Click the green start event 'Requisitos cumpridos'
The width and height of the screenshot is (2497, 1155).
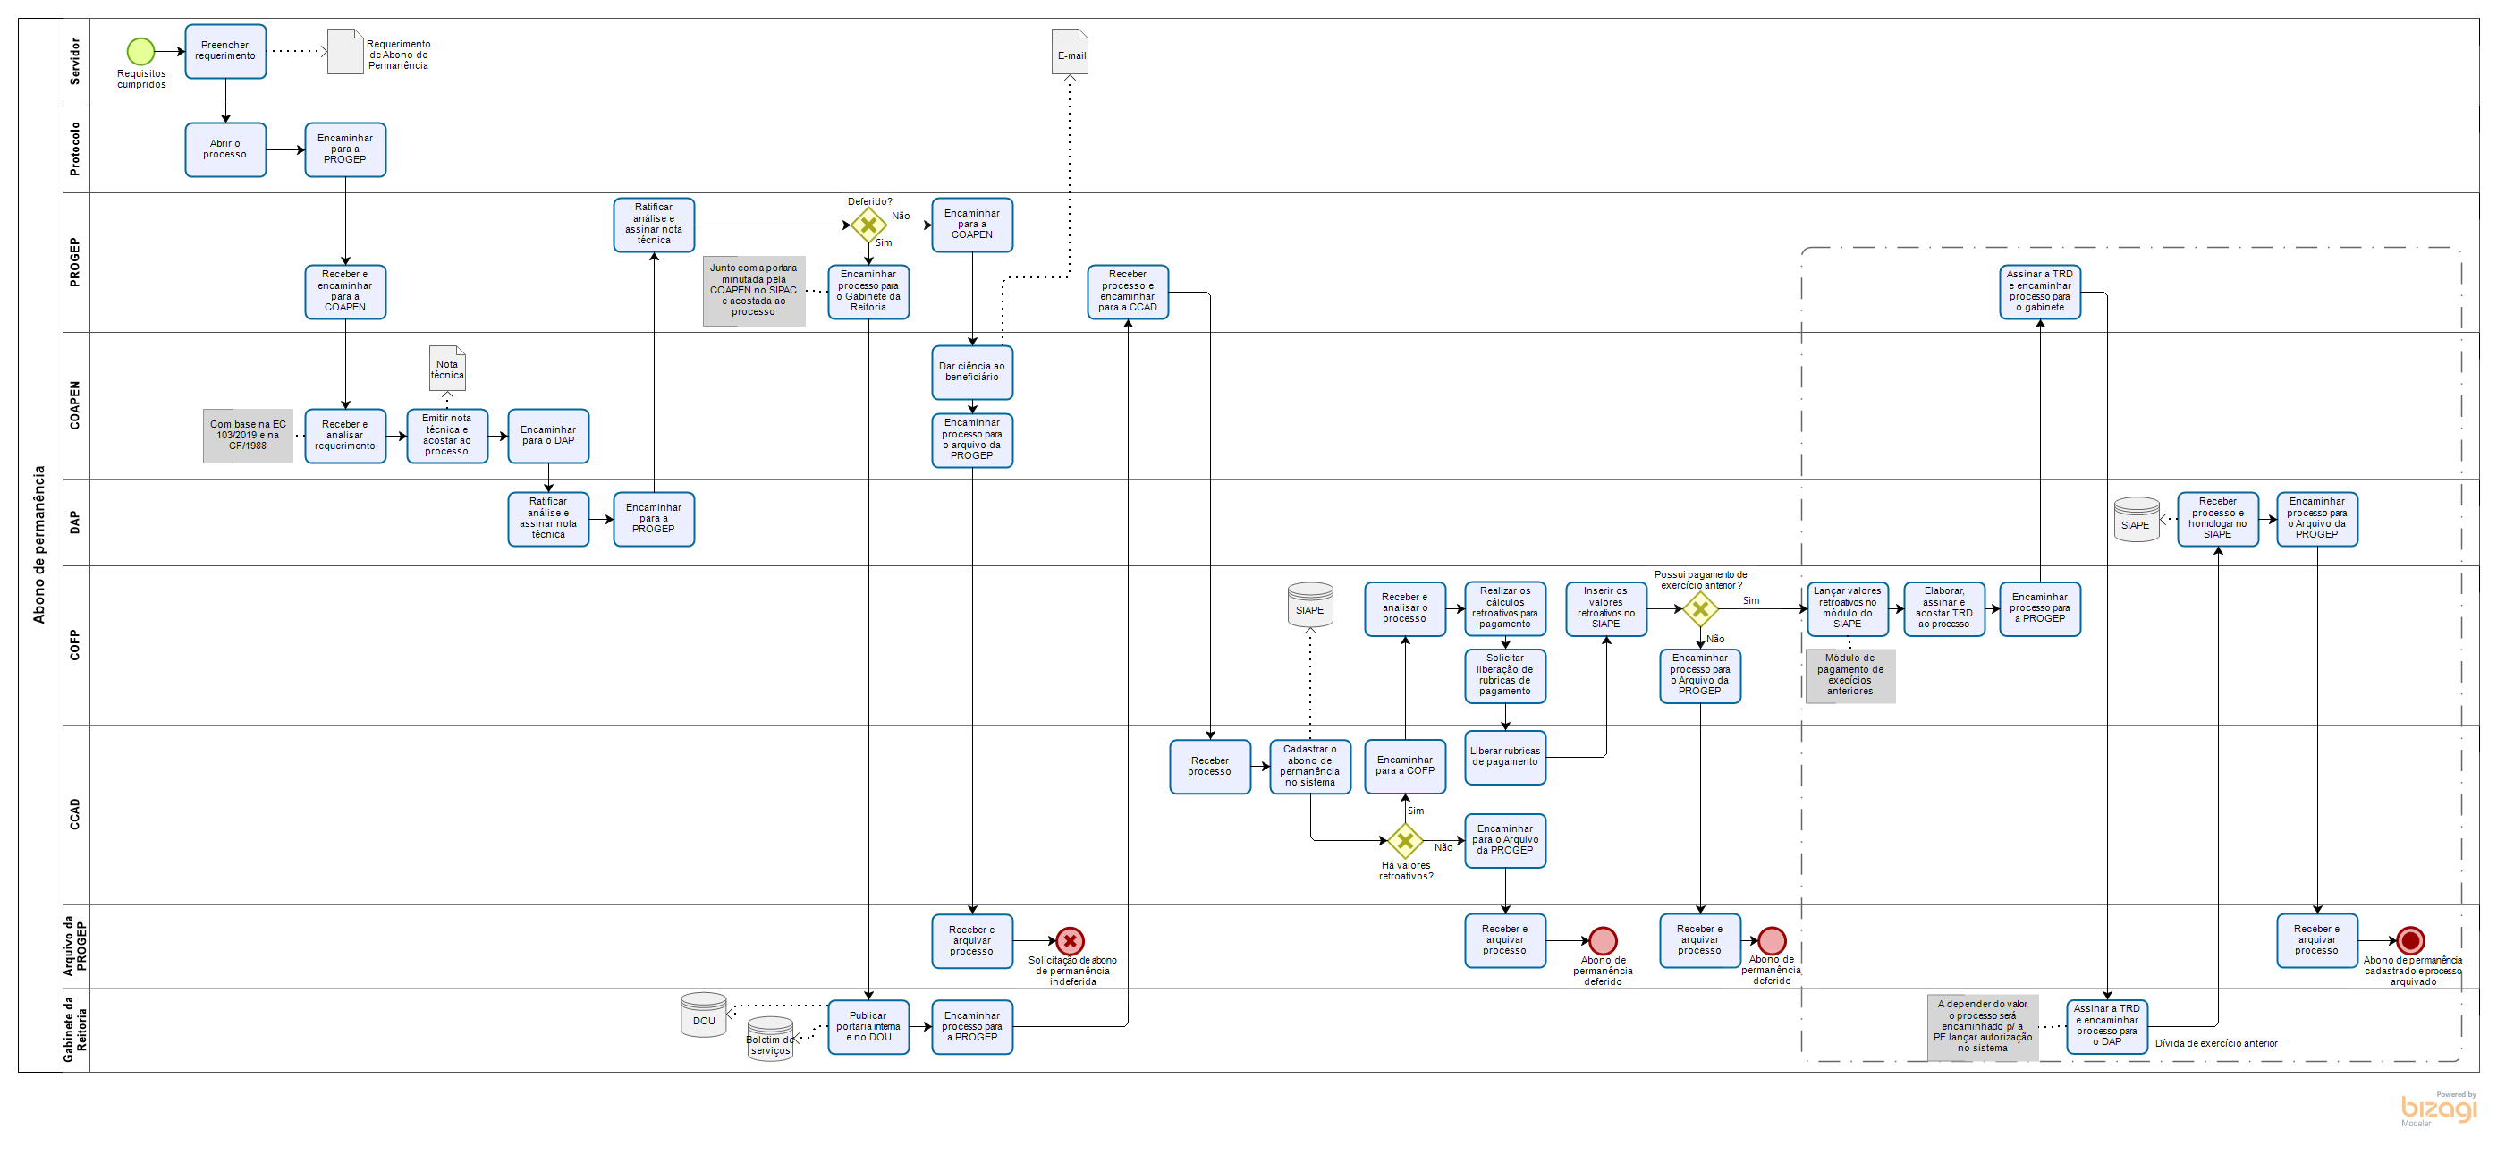tap(140, 50)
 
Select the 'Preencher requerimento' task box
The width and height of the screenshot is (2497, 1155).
tap(224, 51)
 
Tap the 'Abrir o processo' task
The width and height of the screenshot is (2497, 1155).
tap(224, 149)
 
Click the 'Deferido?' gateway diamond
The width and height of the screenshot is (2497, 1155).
tap(868, 225)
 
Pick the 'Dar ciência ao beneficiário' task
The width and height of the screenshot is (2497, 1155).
tap(971, 372)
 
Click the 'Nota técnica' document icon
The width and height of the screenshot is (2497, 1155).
tap(447, 369)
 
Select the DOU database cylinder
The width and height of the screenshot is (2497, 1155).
tap(703, 1015)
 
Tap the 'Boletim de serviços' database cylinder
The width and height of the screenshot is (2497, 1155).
tap(770, 1040)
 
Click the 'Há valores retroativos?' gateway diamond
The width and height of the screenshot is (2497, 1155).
tap(1404, 841)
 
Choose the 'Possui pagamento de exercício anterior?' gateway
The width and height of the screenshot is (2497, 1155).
tap(1699, 609)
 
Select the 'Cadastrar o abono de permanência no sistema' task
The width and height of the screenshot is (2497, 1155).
tap(1309, 766)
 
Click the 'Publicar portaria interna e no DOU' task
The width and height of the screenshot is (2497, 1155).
tap(868, 1027)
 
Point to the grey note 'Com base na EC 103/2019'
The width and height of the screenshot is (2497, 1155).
tap(248, 436)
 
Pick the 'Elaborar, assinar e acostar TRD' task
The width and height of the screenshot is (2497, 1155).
tap(1943, 609)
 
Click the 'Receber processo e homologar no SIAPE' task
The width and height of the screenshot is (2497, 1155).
tap(2217, 519)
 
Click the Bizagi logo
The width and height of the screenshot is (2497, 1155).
tap(2437, 1108)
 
